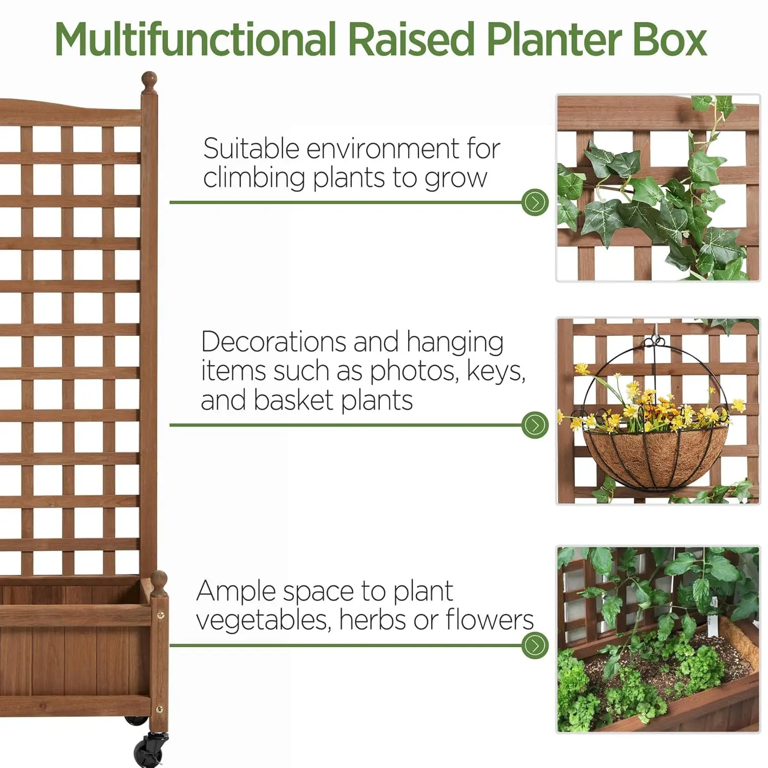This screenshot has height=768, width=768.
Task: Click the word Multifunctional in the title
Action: coord(195,40)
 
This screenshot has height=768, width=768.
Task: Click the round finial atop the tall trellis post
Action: coord(149,81)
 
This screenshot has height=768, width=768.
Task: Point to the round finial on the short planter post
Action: coord(159,581)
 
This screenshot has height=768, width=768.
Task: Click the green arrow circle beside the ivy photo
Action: coord(535,203)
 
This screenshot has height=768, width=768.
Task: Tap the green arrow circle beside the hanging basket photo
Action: coord(535,425)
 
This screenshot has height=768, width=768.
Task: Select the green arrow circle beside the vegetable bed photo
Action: coord(535,645)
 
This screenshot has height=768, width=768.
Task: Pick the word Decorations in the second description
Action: coord(274,342)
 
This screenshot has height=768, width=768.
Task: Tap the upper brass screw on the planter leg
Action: coord(160,614)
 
